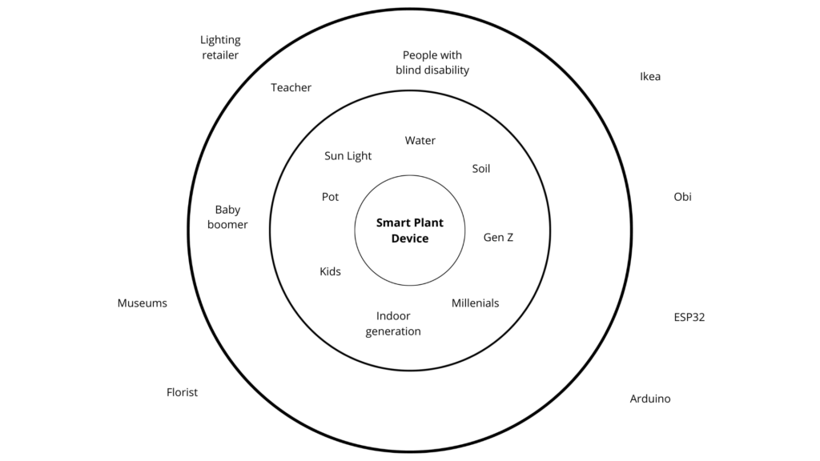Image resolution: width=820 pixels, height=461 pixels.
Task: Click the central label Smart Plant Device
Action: pyautogui.click(x=410, y=230)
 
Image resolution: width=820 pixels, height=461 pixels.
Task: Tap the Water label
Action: pyautogui.click(x=420, y=141)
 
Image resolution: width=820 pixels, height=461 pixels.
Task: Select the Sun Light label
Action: pyautogui.click(x=348, y=156)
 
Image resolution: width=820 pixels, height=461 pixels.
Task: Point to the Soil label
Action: pyautogui.click(x=480, y=169)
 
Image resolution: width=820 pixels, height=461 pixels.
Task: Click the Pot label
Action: pyautogui.click(x=330, y=197)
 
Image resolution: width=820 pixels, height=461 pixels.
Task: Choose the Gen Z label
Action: pyautogui.click(x=498, y=238)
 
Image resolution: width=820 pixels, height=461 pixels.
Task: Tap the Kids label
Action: pyautogui.click(x=330, y=272)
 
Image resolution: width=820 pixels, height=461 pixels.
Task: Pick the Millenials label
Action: pyautogui.click(x=475, y=303)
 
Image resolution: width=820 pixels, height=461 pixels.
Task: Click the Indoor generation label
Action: pyautogui.click(x=393, y=324)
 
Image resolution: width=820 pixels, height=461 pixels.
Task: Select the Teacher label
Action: pyautogui.click(x=291, y=88)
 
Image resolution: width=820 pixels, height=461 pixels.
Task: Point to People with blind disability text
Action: pyautogui.click(x=432, y=62)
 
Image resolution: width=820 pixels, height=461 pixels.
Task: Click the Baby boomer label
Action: pyautogui.click(x=227, y=218)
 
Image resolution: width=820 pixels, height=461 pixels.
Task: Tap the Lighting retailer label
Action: pyautogui.click(x=220, y=47)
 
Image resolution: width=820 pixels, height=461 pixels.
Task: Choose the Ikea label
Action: pyautogui.click(x=650, y=77)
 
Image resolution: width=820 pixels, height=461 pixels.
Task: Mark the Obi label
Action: pyautogui.click(x=682, y=197)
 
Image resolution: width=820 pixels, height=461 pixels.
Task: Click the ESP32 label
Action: pyautogui.click(x=689, y=317)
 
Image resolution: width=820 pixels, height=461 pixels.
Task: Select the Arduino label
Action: pyautogui.click(x=650, y=399)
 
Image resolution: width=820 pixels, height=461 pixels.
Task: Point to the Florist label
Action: pyautogui.click(x=182, y=392)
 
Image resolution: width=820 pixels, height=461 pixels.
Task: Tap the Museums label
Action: pyautogui.click(x=143, y=303)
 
